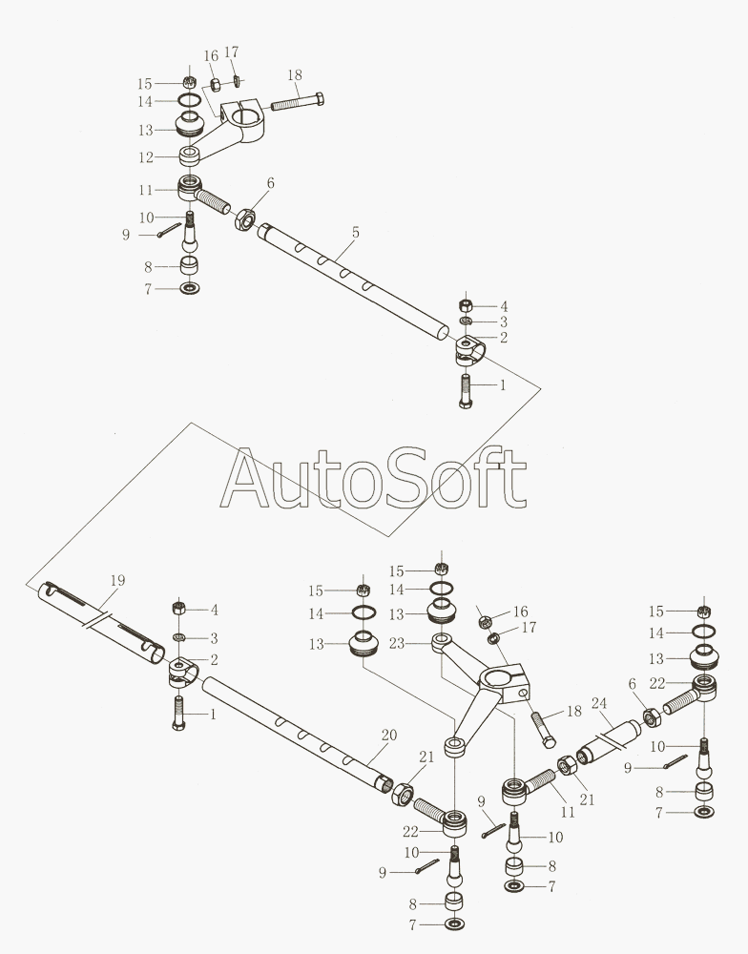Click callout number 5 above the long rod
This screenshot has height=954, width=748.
355,232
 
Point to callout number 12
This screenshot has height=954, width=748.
146,156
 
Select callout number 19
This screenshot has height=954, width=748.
117,580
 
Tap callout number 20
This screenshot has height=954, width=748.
388,735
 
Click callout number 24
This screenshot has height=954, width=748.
598,703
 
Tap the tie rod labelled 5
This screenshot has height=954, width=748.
353,281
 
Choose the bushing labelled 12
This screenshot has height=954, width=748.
189,155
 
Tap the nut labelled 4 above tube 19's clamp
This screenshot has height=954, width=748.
178,609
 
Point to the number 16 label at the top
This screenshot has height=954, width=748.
211,55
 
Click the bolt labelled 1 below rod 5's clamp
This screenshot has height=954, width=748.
465,391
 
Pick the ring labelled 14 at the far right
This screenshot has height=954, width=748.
703,633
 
